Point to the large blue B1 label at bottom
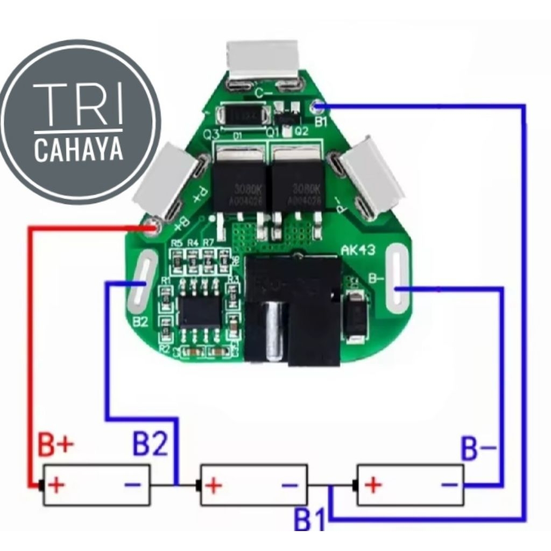pos(310,519)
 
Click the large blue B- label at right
pos(479,448)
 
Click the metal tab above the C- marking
pos(264,59)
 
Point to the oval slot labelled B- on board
pos(398,280)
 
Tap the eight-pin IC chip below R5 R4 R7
pos(200,310)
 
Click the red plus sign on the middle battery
pos(214,485)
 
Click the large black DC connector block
pos(293,311)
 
